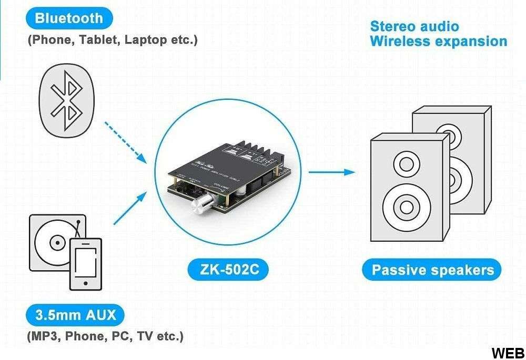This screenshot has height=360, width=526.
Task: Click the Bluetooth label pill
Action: (x=69, y=18)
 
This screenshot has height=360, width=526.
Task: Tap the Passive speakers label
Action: (x=432, y=270)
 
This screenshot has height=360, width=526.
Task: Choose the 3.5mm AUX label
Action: (x=76, y=315)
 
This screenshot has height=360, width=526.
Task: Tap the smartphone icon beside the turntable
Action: (x=86, y=263)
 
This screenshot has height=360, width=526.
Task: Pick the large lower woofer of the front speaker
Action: (x=405, y=205)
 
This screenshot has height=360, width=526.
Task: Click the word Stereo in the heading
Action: (x=388, y=26)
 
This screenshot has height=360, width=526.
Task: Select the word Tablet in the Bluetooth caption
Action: (x=100, y=40)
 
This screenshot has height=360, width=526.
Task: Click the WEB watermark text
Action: (x=508, y=353)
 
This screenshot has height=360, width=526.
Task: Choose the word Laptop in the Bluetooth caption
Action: (x=143, y=40)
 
